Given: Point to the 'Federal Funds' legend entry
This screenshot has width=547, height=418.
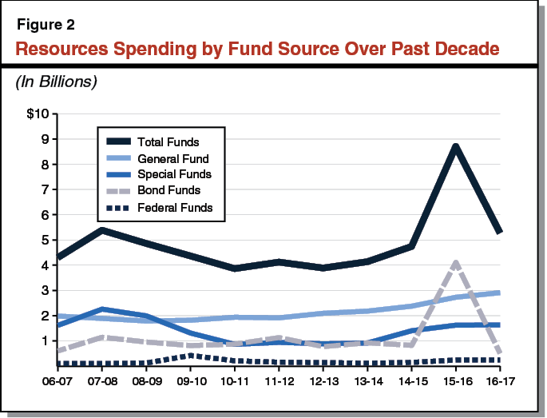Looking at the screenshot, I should click(x=173, y=208).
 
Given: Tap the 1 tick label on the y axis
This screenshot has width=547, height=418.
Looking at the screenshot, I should click(x=45, y=340).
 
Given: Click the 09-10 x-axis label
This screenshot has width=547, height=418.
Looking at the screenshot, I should click(x=189, y=381).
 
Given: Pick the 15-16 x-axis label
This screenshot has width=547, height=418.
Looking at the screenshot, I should click(x=455, y=381).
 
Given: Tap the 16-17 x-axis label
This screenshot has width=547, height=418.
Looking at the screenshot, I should click(x=499, y=381).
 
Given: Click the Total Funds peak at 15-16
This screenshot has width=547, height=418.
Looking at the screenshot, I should click(x=455, y=146).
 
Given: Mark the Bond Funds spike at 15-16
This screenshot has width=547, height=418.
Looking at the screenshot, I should click(x=455, y=262).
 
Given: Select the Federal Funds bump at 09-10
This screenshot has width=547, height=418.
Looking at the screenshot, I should click(x=189, y=355).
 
